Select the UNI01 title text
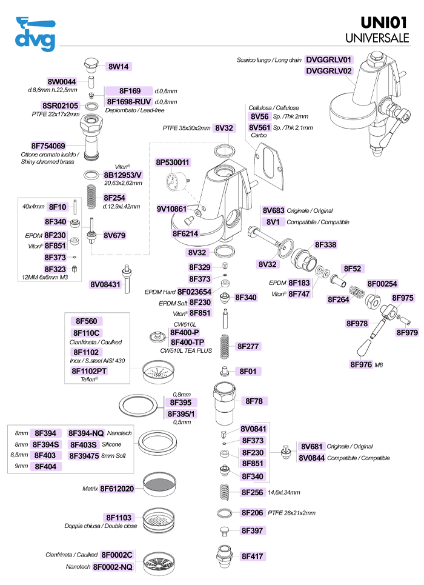(x=384, y=23)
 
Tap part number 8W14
(x=119, y=67)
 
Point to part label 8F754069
(x=48, y=146)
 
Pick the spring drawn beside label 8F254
(x=91, y=197)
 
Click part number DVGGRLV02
(x=328, y=71)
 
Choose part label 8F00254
(x=382, y=284)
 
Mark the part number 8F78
(x=254, y=401)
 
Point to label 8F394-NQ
(x=86, y=433)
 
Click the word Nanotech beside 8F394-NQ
(x=119, y=433)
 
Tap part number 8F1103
(x=119, y=518)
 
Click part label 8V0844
(x=311, y=458)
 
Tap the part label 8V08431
(x=105, y=285)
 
